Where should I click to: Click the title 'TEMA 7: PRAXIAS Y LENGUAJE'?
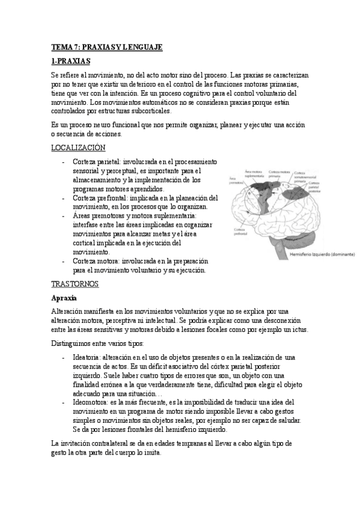click(107, 47)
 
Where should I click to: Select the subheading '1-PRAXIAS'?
click(70, 61)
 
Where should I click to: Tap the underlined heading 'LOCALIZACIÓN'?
click(78, 147)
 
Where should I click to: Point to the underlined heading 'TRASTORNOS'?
click(75, 283)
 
